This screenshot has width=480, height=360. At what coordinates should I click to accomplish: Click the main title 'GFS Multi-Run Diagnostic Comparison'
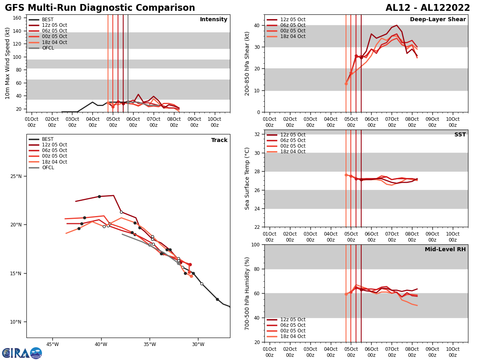click(x=100, y=8)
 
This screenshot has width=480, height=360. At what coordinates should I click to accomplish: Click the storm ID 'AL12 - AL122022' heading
click(x=428, y=8)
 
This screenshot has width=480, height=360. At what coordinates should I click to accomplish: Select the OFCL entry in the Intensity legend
click(x=48, y=48)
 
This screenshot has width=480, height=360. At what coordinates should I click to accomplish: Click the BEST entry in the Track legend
click(x=48, y=139)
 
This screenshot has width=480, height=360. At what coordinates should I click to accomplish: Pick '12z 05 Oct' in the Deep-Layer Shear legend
click(x=292, y=20)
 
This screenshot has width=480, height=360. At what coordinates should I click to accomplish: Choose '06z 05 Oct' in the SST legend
click(x=292, y=140)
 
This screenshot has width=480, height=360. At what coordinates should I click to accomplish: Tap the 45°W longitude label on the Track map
click(x=52, y=344)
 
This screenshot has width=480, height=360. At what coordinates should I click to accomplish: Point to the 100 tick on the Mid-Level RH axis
click(x=256, y=245)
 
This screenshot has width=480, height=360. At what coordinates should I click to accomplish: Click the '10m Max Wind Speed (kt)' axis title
click(x=8, y=63)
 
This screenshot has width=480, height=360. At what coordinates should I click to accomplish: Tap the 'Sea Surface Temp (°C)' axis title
click(x=247, y=178)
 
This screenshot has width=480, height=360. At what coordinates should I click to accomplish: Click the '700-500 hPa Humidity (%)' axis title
click(x=247, y=293)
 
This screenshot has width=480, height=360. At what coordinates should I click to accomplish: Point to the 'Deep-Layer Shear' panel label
click(x=438, y=20)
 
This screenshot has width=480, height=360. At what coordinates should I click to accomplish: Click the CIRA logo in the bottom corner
click(x=22, y=353)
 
